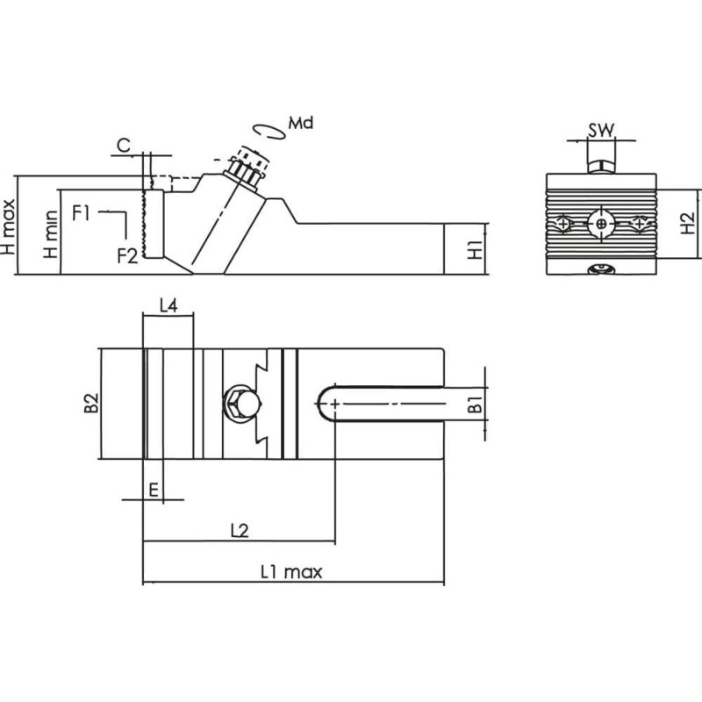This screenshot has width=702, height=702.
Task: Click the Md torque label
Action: coord(300,123)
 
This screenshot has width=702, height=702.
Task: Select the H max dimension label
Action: coord(8,225)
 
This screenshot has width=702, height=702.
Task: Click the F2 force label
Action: coord(128,255)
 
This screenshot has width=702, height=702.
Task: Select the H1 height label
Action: coord(475,249)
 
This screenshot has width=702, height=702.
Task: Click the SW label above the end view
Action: coord(600,131)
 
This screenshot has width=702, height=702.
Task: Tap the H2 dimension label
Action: coord(689,226)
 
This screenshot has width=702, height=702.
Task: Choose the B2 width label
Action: coord(90,404)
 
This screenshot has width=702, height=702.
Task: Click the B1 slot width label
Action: coord(474,405)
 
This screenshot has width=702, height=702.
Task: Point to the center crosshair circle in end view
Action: coord(600,225)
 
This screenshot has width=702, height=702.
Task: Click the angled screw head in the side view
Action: coord(246,168)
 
